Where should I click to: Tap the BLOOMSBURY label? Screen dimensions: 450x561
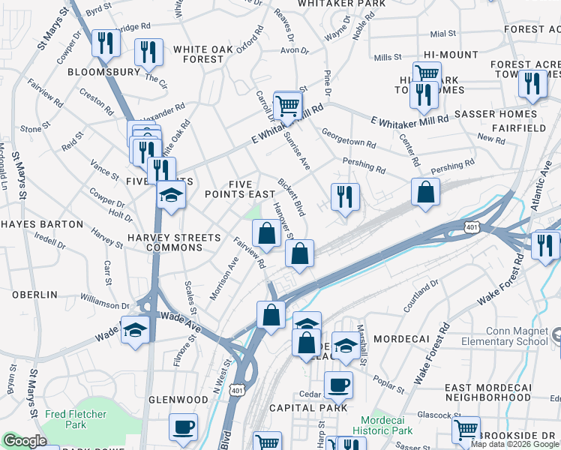point(103,73)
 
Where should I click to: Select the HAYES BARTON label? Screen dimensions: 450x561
point(42,224)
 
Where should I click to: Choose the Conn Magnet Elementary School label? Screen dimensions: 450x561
point(517,335)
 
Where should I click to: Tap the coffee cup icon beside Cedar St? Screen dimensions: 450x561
point(337,385)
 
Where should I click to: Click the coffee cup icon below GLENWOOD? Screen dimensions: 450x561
point(183,427)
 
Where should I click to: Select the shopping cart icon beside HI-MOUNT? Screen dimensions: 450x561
point(427,73)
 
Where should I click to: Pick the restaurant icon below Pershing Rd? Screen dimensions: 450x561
point(344,197)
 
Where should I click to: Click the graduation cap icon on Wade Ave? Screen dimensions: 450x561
point(134,329)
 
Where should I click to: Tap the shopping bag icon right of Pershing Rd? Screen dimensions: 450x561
point(425,192)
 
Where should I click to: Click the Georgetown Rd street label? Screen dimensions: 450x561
point(349,142)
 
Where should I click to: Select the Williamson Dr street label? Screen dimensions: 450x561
point(104,304)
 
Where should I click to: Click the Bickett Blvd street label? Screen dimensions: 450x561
point(291,193)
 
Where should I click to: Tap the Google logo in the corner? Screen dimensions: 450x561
point(25,442)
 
